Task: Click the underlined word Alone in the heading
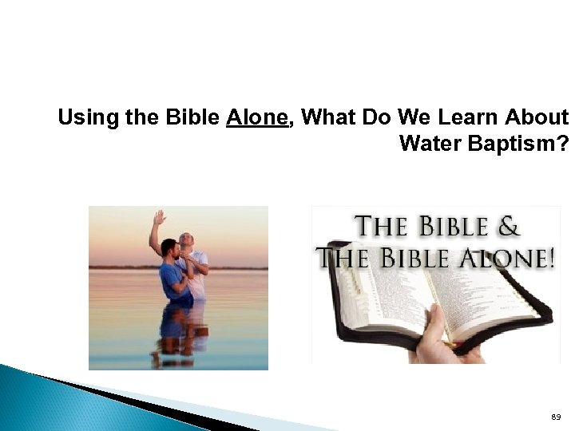click(256, 118)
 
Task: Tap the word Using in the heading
click(81, 118)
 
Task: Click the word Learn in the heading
click(474, 118)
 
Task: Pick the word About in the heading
click(539, 118)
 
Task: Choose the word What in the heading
click(329, 118)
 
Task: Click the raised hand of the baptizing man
click(160, 217)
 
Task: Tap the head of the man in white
click(185, 240)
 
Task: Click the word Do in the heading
click(379, 118)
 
